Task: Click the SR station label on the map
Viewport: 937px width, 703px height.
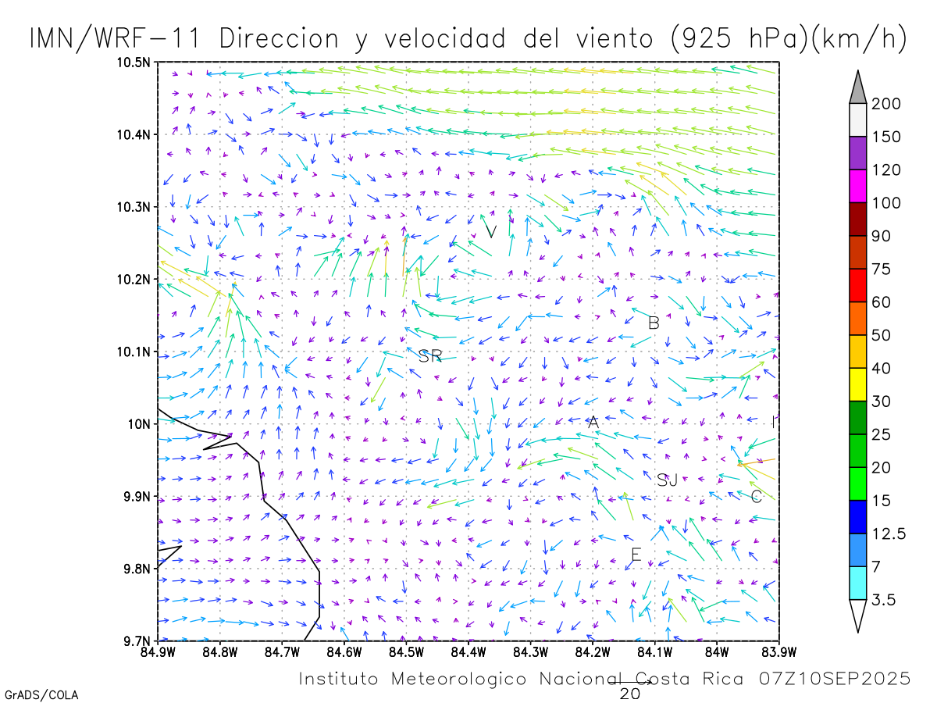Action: (430, 357)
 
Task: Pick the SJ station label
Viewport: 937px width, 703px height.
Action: (667, 480)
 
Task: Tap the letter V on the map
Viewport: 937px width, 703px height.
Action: (491, 231)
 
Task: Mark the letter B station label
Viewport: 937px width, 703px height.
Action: (654, 323)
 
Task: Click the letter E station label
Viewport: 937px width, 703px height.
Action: (636, 555)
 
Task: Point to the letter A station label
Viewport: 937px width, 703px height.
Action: (593, 423)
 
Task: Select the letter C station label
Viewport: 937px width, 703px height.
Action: (756, 497)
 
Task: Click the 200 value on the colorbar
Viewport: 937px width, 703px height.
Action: (886, 104)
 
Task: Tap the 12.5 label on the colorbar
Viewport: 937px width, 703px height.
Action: (889, 533)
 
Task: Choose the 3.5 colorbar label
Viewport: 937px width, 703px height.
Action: (883, 600)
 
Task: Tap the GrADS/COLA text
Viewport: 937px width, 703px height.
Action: (41, 694)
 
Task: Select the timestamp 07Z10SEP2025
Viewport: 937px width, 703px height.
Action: (834, 679)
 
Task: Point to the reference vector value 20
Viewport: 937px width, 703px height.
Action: (630, 694)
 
